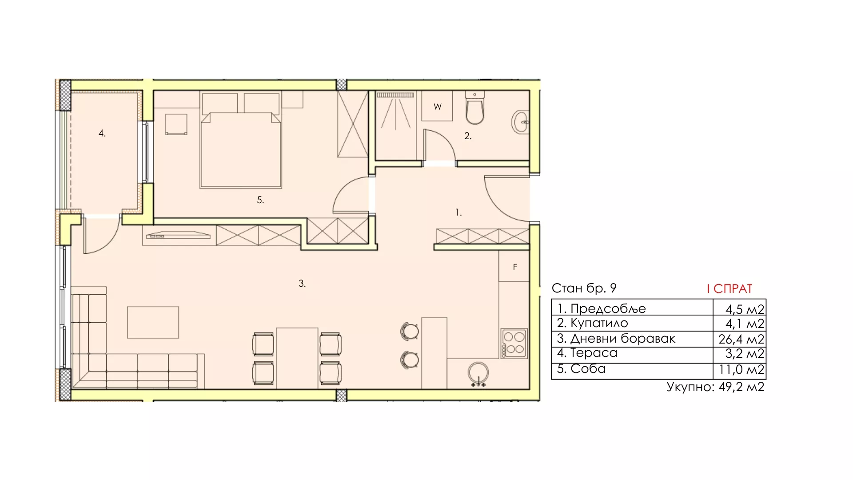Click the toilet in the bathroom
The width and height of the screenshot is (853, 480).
(x=474, y=108)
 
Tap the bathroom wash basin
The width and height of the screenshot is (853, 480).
(x=521, y=122)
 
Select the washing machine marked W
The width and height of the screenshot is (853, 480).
(x=437, y=106)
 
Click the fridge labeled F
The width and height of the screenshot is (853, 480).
(x=514, y=266)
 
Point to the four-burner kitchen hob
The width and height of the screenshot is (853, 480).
(x=514, y=343)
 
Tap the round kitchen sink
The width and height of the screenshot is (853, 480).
(x=478, y=373)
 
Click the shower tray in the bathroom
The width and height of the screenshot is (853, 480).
(x=396, y=125)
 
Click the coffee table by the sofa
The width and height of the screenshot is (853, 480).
(x=153, y=322)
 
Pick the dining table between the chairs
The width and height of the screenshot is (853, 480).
(x=297, y=358)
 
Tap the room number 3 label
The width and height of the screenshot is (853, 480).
(x=302, y=284)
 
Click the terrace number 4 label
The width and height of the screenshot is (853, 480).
(x=102, y=133)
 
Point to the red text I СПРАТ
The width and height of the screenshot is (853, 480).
(x=729, y=289)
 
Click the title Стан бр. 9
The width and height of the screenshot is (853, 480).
(x=584, y=288)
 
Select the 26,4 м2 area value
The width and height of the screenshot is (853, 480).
(x=741, y=340)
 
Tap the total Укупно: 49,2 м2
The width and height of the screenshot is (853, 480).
(x=715, y=387)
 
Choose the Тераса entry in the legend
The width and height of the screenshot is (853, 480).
(x=587, y=353)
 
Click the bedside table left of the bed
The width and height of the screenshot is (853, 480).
(x=176, y=124)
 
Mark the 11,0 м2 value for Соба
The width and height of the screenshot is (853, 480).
(x=741, y=370)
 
